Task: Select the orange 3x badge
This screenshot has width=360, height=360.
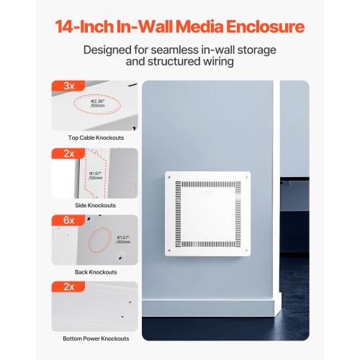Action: click(x=69, y=86)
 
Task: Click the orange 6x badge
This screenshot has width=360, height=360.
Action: click(x=69, y=219)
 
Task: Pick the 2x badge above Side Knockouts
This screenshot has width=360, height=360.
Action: click(x=69, y=153)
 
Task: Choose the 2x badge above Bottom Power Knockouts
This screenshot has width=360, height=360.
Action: click(x=69, y=286)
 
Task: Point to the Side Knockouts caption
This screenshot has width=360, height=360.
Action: click(x=94, y=204)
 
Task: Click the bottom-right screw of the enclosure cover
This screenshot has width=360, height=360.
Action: click(x=246, y=252)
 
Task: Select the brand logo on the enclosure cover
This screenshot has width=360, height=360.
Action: click(x=207, y=192)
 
